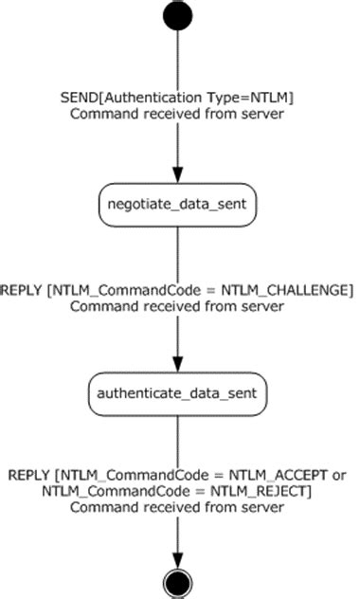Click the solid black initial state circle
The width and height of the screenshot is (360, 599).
(177, 16)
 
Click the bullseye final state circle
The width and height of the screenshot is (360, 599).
(177, 579)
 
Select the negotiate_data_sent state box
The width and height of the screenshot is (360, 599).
(177, 204)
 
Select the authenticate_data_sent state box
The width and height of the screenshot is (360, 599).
(177, 391)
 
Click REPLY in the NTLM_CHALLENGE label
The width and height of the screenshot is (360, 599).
(22, 289)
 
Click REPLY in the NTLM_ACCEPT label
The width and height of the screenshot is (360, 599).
(29, 474)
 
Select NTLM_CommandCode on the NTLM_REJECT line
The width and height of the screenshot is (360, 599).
(103, 490)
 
